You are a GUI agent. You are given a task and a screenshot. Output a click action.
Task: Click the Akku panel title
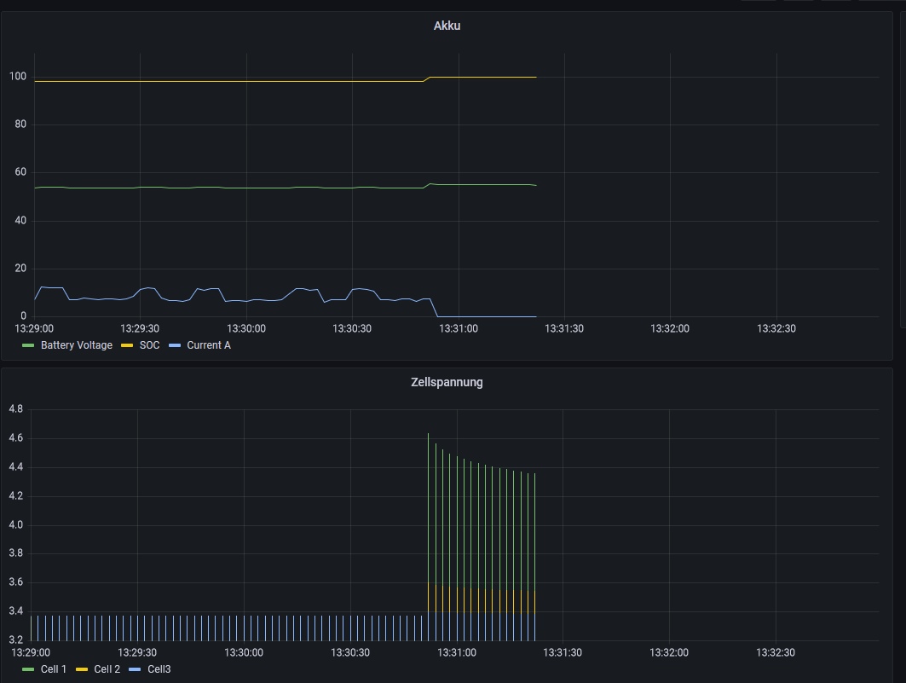(447, 26)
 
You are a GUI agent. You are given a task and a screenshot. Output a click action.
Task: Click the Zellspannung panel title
(447, 382)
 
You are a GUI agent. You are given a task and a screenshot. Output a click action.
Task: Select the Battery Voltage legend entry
(67, 345)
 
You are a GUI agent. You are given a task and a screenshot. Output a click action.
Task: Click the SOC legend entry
(141, 345)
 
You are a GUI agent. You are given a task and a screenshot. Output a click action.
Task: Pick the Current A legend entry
(200, 345)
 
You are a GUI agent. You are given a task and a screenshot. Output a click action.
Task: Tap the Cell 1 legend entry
(44, 669)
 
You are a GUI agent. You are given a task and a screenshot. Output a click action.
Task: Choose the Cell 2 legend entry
(98, 669)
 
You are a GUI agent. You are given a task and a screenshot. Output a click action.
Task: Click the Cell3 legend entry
(150, 669)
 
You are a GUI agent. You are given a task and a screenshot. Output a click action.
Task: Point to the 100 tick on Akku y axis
(18, 76)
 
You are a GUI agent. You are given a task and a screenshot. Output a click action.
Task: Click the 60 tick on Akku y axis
(20, 171)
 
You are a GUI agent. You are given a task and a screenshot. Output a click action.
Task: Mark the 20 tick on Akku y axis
(20, 268)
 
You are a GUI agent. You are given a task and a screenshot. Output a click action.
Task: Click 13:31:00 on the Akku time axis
(459, 328)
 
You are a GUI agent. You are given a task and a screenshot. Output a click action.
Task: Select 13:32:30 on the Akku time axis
(776, 328)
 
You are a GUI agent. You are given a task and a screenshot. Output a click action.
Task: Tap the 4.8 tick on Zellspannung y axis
(15, 408)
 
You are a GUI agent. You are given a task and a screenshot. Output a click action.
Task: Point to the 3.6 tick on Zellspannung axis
(15, 582)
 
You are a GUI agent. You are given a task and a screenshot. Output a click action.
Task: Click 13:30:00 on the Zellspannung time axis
(243, 652)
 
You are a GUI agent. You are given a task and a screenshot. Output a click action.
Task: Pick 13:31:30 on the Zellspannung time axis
(563, 652)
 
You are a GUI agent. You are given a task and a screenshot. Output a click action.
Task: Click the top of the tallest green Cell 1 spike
(428, 433)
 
